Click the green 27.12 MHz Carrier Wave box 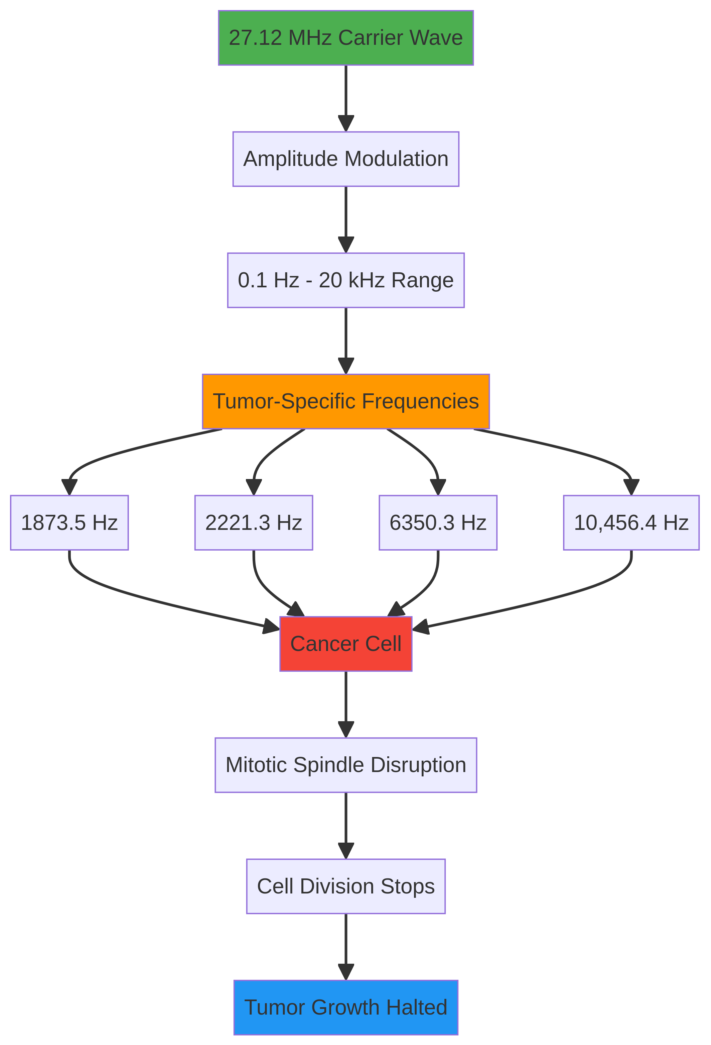coord(345,38)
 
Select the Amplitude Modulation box coord(345,159)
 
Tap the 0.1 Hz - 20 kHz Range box coord(345,280)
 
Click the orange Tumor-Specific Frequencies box coord(345,401)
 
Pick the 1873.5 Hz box coord(69,522)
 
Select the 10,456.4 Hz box coord(631,522)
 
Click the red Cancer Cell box coord(345,644)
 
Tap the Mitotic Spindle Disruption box coord(345,765)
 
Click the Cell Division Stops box coord(345,886)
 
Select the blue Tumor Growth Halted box coord(345,1007)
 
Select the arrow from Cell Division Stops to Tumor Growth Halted coord(345,944)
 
